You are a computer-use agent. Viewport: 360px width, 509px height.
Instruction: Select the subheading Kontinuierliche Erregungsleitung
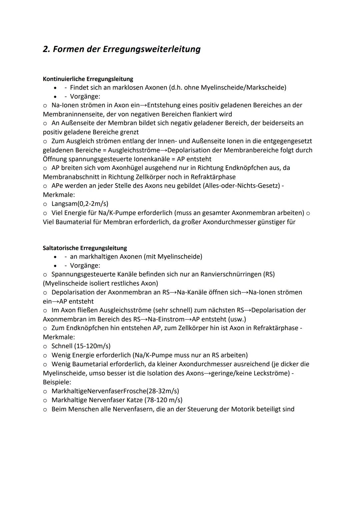pyautogui.click(x=88, y=79)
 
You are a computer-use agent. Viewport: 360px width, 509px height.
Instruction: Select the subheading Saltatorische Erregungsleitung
pyautogui.click(x=85, y=248)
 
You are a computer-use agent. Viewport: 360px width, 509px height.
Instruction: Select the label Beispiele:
pyautogui.click(x=57, y=382)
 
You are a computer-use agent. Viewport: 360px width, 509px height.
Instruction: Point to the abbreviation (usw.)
pyautogui.click(x=237, y=319)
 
